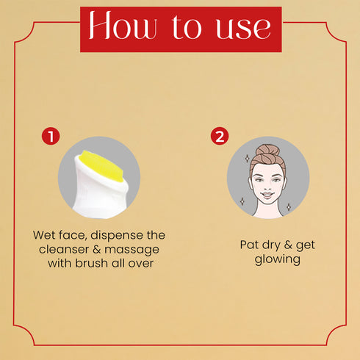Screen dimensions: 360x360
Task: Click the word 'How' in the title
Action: click(123, 25)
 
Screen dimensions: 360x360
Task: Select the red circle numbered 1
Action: click(51, 136)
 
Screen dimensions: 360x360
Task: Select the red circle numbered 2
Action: click(220, 136)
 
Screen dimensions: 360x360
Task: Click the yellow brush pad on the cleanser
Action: click(102, 165)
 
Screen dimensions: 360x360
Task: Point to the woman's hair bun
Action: click(267, 150)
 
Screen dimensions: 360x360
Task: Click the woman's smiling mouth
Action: click(267, 195)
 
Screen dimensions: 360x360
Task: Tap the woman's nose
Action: click(267, 187)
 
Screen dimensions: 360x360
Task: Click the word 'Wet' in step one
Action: click(44, 235)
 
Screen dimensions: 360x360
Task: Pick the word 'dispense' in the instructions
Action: click(117, 236)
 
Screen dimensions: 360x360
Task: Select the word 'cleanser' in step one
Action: click(64, 250)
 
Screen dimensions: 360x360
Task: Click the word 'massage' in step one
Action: click(132, 251)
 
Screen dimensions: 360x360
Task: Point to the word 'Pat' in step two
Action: click(249, 245)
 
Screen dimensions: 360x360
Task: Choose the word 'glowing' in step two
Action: click(278, 259)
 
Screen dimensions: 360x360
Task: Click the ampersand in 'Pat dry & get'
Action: click(288, 245)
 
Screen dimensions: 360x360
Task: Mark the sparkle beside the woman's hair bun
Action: click(247, 159)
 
